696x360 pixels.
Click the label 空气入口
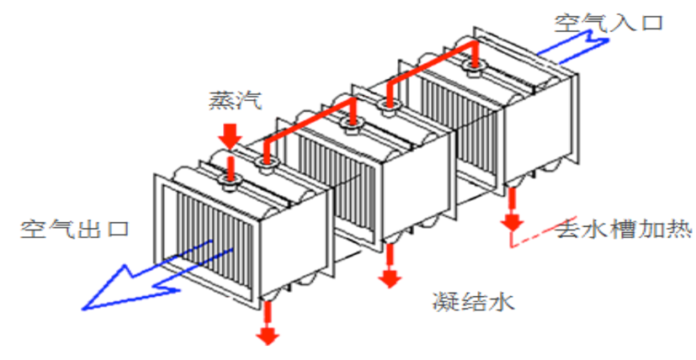point(608,23)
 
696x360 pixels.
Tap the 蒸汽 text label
point(236,101)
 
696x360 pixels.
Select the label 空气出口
point(75,229)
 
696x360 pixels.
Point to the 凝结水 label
point(474,302)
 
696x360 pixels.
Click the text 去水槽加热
point(624,230)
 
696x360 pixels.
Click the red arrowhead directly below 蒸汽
point(231,138)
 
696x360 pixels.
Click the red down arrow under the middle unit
point(390,266)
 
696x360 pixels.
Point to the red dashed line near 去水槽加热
point(533,234)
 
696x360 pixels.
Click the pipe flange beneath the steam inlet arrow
point(230,181)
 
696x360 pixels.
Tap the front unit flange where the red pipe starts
point(266,164)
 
